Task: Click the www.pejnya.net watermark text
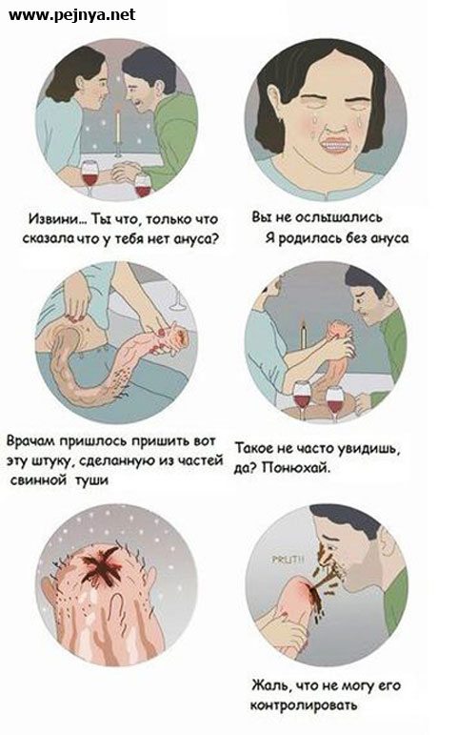pos(71,14)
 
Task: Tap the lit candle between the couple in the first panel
pos(119,126)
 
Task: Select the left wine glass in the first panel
pos(89,176)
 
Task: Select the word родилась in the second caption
pos(310,238)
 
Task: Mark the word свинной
pos(39,480)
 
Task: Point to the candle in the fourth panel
pos(303,337)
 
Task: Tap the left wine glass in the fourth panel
pos(302,398)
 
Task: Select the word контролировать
pos(304,705)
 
